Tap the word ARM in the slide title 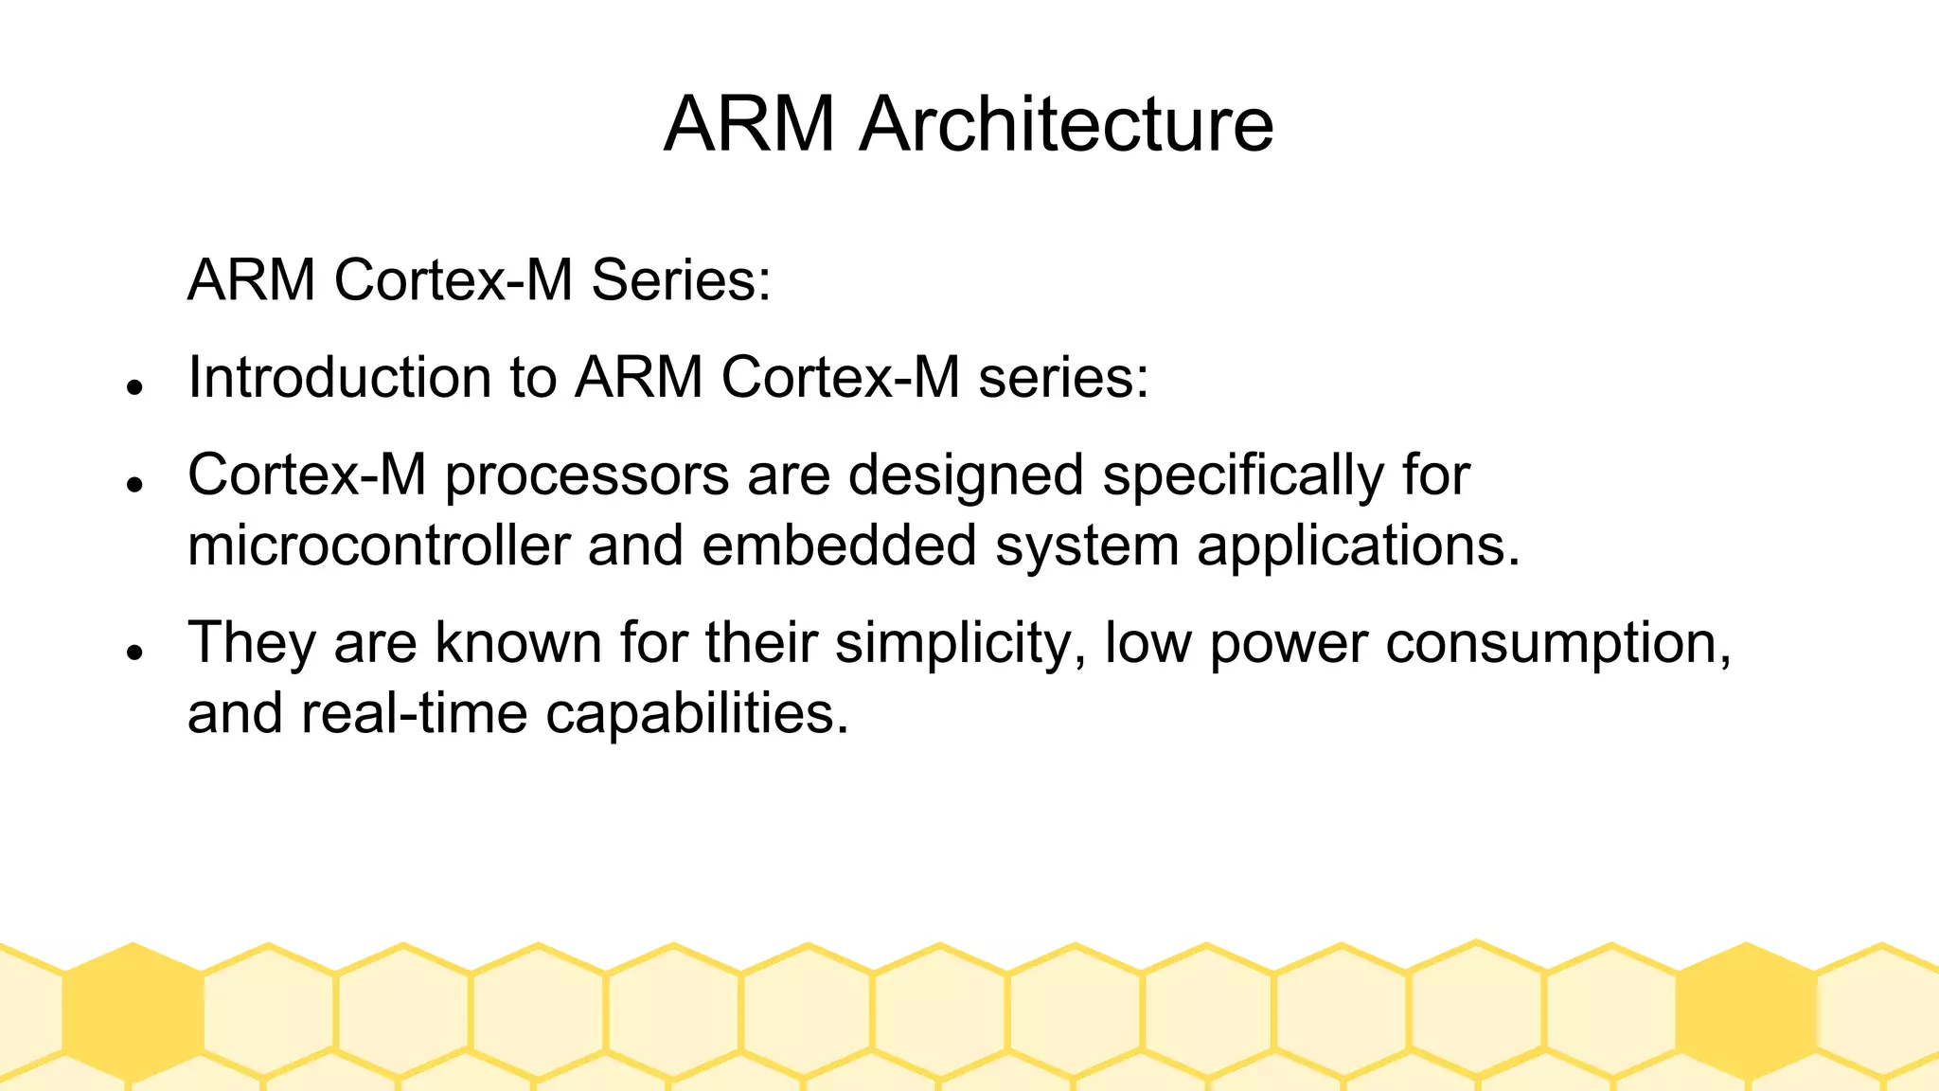(749, 124)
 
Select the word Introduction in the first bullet (339, 377)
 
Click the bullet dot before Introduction (134, 386)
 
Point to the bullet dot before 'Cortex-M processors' (134, 483)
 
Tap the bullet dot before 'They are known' (134, 652)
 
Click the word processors (587, 475)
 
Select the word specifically (1243, 475)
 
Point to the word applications (1358, 547)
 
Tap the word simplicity (960, 644)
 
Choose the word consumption (1558, 644)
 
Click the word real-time (414, 713)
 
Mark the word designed (966, 475)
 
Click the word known (518, 643)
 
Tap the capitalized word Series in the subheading (681, 280)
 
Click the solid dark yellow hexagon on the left (133, 1011)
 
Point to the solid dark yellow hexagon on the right (1746, 1011)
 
